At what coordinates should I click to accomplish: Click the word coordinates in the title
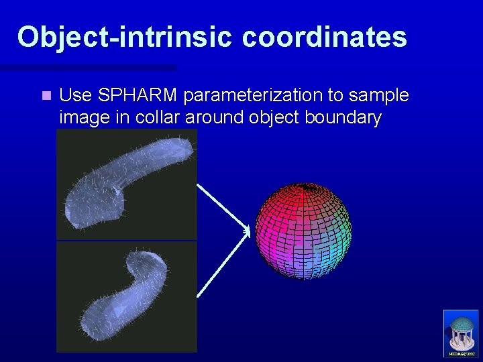tap(325, 37)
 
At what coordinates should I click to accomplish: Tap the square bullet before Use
tap(45, 96)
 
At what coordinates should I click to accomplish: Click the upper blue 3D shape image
tap(126, 184)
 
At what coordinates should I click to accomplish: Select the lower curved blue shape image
tap(126, 296)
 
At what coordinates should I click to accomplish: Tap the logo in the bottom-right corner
tap(462, 333)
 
